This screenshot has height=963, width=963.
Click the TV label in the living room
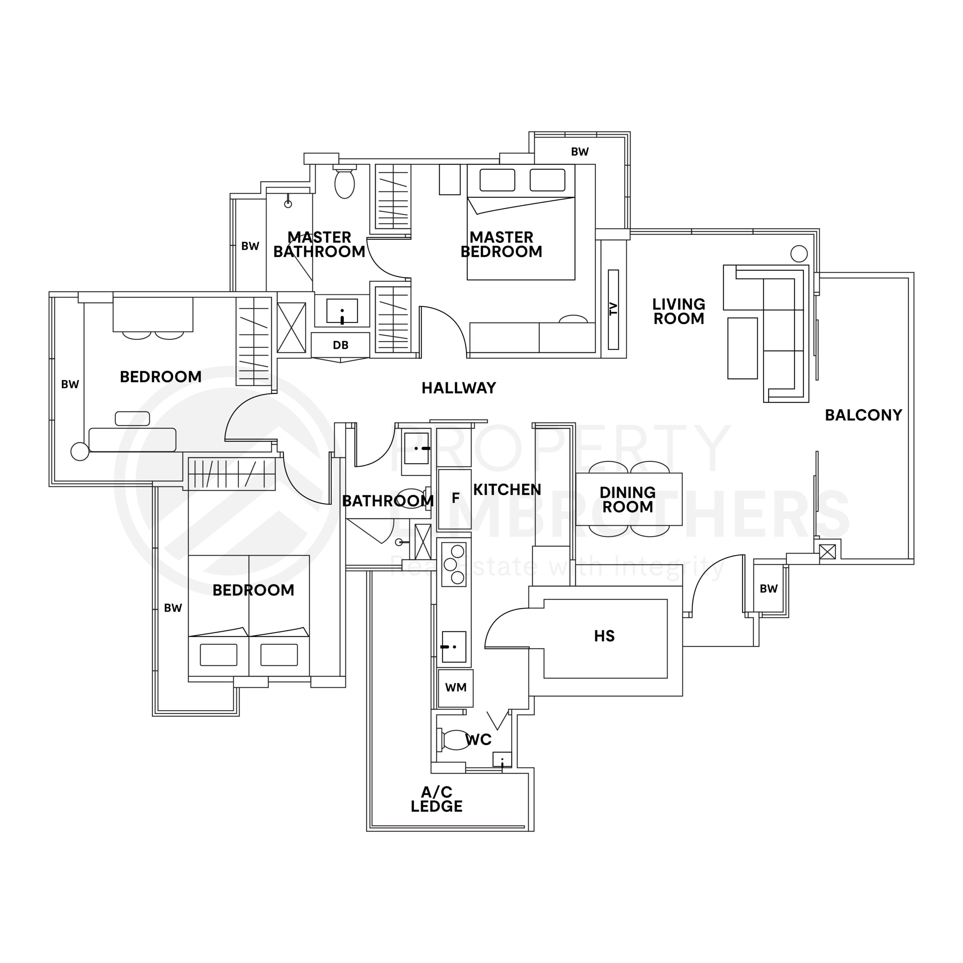614,309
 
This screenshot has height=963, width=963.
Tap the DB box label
340,345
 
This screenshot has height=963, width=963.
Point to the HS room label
604,636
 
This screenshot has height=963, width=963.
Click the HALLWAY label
459,388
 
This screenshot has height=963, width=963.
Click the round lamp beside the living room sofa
799,254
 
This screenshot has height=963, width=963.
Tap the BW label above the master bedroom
580,152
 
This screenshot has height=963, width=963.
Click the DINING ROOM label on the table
627,500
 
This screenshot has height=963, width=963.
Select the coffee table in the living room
742,348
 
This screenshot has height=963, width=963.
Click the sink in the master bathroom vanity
342,311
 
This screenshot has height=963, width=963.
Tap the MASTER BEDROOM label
501,244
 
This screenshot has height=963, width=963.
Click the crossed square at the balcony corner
828,552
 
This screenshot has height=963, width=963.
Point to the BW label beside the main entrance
768,589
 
